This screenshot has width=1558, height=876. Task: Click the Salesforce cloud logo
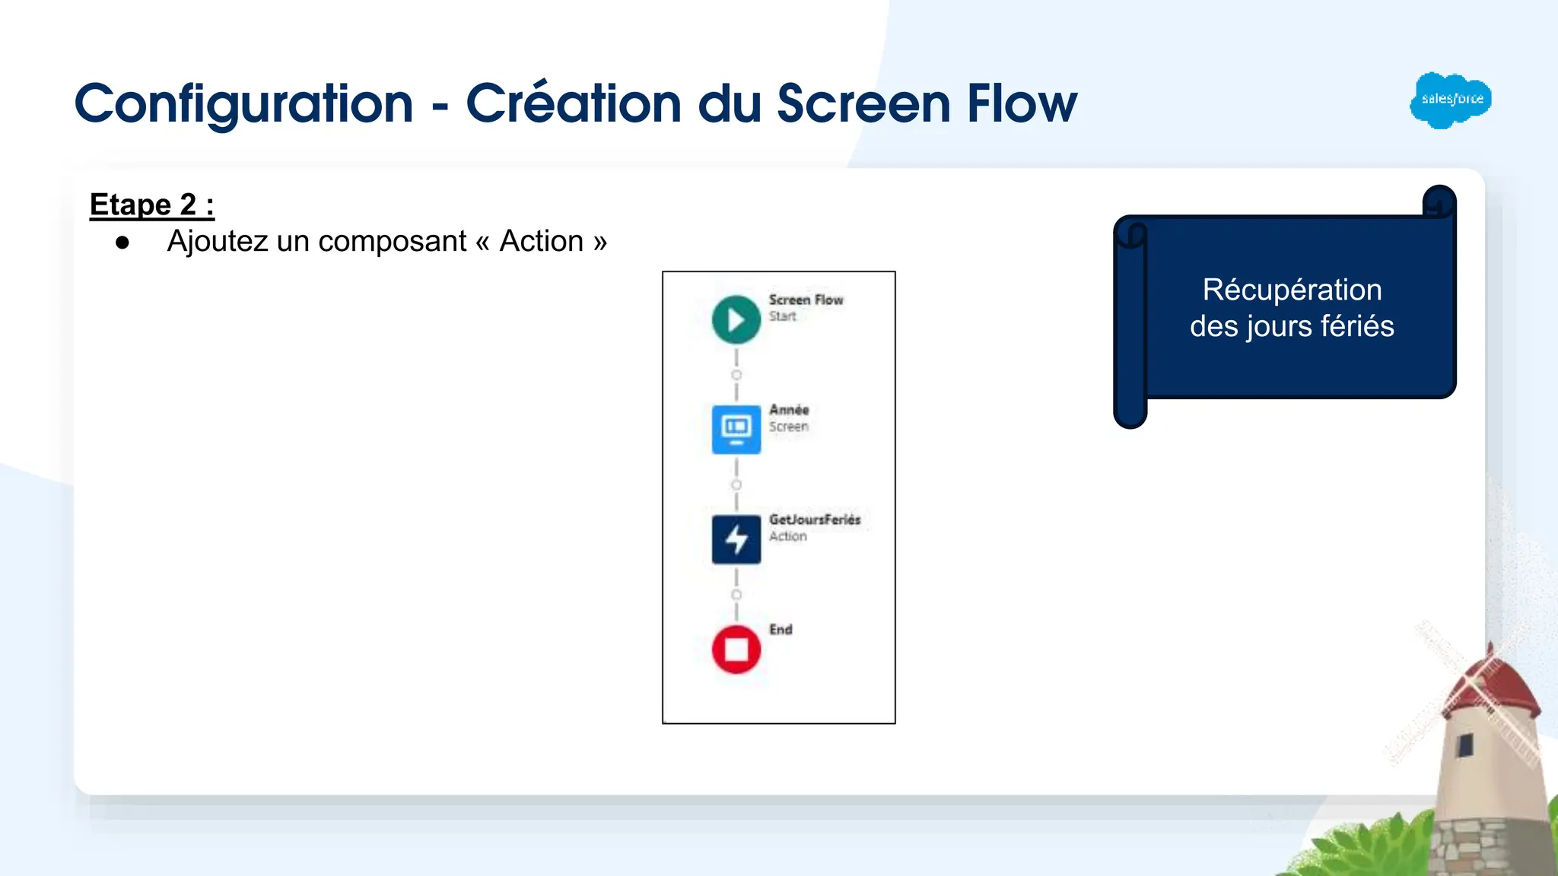coord(1450,100)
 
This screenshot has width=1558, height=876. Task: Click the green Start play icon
coord(736,319)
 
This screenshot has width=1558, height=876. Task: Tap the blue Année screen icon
coord(736,430)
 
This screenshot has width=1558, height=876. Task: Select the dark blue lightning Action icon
coord(736,540)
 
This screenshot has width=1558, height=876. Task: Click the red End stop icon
coord(736,649)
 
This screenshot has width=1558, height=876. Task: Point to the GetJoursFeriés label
coord(814,519)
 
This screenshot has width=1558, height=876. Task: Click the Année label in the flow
coord(788,410)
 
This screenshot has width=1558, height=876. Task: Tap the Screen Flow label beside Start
coord(806,300)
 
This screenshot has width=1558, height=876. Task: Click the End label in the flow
coord(781,630)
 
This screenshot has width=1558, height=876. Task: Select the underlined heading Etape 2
coord(151,205)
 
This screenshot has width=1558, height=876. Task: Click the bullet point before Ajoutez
coord(122,243)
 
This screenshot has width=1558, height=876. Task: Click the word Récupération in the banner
coord(1292,290)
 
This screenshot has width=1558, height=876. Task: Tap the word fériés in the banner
coord(1357,326)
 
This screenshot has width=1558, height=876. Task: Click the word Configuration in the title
coord(243,103)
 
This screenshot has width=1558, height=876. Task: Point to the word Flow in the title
coord(1022,103)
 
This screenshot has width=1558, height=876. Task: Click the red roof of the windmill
coord(1491,684)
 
